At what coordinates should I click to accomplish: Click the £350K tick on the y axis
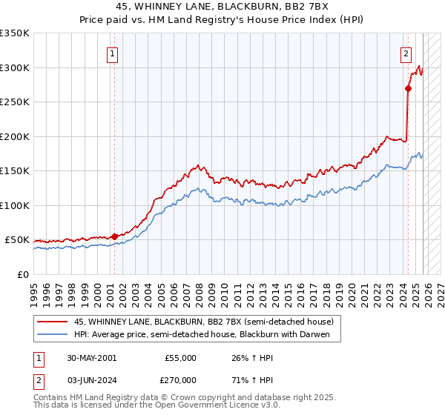15,33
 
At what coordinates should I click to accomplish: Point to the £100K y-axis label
15,205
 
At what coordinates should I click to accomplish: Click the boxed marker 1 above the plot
113,53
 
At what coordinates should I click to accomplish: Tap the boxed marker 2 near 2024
406,53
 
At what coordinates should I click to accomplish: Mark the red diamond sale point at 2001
114,236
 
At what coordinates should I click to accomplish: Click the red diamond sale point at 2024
408,88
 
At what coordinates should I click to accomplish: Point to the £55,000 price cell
179,358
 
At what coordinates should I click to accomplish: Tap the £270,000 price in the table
179,379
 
